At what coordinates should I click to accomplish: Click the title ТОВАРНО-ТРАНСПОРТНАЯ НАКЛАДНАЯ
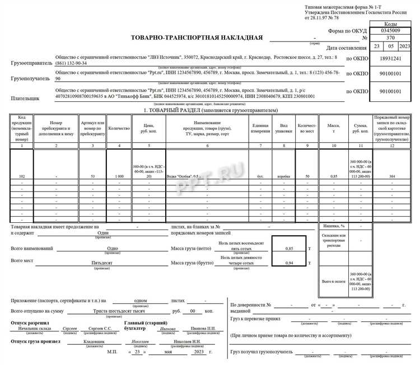pyautogui.click(x=197, y=38)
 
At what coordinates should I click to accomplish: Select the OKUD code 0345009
pyautogui.click(x=390, y=31)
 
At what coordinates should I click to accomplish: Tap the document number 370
pyautogui.click(x=390, y=38)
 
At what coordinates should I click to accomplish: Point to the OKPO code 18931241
pyautogui.click(x=390, y=58)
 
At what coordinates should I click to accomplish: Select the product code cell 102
pyautogui.click(x=21, y=176)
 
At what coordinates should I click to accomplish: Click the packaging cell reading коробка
pyautogui.click(x=284, y=176)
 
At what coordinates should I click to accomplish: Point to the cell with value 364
pyautogui.click(x=392, y=176)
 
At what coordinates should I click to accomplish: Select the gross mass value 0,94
pyautogui.click(x=289, y=263)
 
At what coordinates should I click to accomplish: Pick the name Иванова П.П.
pyautogui.click(x=203, y=329)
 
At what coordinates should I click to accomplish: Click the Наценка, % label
pyautogui.click(x=333, y=226)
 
